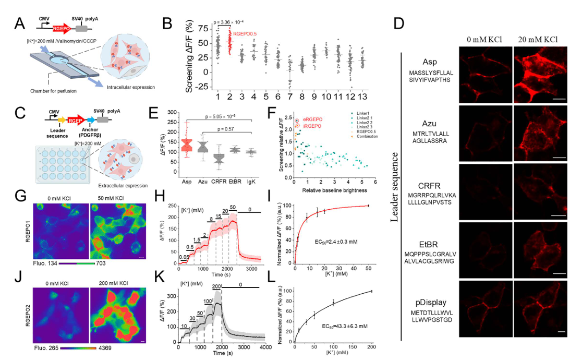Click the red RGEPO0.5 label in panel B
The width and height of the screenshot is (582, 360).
[246, 34]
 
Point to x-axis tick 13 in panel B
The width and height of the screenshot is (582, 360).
[376, 98]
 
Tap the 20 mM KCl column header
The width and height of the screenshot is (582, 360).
[539, 40]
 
